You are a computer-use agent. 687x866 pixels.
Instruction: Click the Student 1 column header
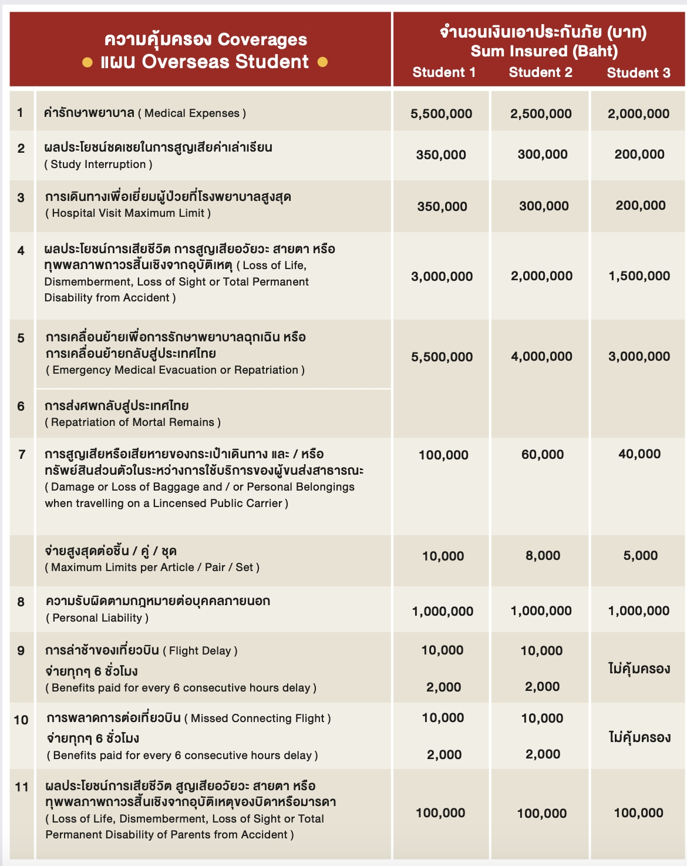pos(444,72)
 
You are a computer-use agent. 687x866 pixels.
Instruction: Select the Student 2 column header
pos(540,72)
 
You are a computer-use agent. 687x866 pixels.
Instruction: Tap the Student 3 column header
pos(638,73)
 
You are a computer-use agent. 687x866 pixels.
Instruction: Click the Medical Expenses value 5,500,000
pos(442,114)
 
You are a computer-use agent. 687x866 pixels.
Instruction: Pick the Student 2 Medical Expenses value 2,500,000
pos(541,114)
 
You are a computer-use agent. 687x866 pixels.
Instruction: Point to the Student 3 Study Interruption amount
pos(639,155)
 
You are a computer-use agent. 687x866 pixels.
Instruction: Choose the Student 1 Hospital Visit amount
pos(442,206)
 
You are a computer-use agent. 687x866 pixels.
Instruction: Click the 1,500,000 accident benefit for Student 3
pos(639,276)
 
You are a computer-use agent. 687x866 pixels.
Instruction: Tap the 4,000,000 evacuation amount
pos(541,357)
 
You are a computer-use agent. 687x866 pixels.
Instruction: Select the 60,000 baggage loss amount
pos(543,455)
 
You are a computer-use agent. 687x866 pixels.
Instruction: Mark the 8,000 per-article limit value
pos(543,556)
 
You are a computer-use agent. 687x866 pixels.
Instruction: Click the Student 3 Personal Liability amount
pos(639,611)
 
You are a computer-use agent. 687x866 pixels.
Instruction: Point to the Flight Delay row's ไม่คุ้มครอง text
pos(639,669)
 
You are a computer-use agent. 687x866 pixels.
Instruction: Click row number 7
pos(22,454)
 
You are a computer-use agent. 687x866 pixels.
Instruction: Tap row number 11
pos(22,787)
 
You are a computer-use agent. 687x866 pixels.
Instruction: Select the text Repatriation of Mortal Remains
pos(133,422)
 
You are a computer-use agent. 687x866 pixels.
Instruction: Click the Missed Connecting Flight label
pos(258,718)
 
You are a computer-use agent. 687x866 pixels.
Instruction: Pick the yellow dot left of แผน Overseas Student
pos(87,62)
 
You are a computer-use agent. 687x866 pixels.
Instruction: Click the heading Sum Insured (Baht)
pos(544,51)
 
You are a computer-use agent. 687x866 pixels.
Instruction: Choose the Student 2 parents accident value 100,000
pos(542,814)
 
